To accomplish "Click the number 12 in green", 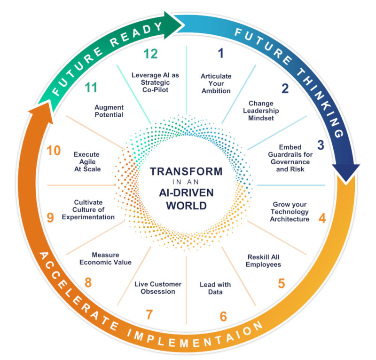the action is tap(150, 54).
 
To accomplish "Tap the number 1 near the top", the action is tap(220, 53).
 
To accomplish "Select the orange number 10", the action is tap(54, 151).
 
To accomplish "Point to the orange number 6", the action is tap(223, 317).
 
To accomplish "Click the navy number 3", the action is tap(321, 145).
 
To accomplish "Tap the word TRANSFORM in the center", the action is tap(186, 171).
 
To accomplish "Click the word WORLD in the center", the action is tap(186, 206).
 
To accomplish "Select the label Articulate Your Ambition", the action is tap(216, 83).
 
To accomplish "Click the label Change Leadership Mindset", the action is tap(261, 111).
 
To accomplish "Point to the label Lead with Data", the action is tap(215, 288).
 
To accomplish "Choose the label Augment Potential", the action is tap(109, 111).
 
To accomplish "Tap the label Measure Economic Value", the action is tap(105, 258).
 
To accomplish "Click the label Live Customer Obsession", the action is tap(158, 288).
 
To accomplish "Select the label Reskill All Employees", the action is tap(263, 261).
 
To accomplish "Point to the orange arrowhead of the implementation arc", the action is tap(41, 114).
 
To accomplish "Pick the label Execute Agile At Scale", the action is tap(87, 161).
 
